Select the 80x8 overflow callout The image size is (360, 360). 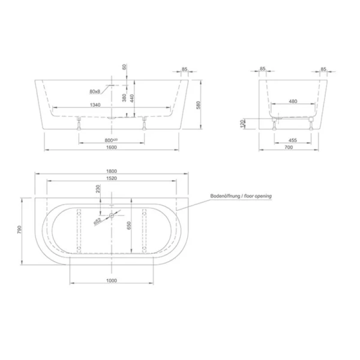[94, 92]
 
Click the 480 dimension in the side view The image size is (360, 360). [293, 101]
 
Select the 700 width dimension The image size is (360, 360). [293, 147]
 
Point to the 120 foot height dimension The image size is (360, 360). [243, 124]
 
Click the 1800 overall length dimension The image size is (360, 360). [112, 172]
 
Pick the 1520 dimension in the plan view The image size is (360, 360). [112, 179]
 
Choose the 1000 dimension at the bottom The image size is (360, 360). [112, 280]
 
